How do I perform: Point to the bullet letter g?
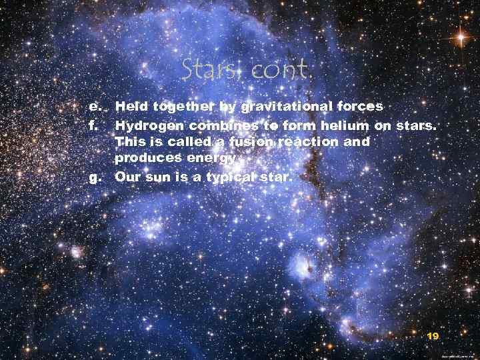[95, 177]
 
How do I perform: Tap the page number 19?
[433, 337]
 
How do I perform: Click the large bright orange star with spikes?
[459, 37]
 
